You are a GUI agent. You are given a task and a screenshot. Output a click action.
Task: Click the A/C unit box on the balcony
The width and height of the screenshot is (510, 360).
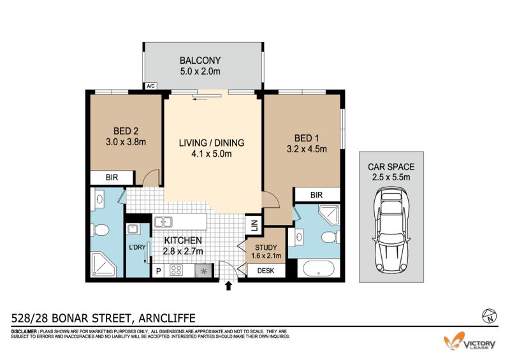[151, 86]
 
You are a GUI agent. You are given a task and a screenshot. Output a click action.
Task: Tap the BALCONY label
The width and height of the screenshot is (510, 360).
[200, 61]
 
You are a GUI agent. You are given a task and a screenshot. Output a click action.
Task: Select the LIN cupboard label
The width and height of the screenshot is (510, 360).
[254, 225]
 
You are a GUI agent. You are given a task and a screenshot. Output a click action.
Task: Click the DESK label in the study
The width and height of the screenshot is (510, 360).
[266, 271]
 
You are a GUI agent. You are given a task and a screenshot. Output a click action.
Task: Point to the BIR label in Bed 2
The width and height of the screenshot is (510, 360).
[112, 178]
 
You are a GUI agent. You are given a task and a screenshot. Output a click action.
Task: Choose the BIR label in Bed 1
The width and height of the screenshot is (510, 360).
[316, 195]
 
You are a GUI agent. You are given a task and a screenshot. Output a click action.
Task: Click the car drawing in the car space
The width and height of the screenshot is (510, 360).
[391, 230]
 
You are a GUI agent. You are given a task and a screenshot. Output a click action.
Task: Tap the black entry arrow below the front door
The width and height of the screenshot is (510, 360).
[228, 286]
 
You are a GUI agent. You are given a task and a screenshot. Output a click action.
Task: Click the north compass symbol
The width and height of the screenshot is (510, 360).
[490, 315]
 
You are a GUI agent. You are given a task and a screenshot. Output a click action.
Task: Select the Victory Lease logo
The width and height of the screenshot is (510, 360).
[470, 342]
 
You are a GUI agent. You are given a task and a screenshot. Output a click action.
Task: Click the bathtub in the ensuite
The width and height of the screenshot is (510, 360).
[318, 269]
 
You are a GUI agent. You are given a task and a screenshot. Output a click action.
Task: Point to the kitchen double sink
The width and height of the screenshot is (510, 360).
[163, 222]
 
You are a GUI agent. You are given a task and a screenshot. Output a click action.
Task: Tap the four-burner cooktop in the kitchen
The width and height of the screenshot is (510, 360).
[176, 270]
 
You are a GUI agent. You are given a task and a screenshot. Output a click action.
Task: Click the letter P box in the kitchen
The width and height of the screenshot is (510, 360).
[158, 271]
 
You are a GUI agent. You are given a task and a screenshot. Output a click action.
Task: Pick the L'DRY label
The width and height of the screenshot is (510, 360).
[137, 247]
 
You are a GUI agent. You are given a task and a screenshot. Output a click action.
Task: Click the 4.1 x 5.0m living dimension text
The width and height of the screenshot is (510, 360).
[212, 154]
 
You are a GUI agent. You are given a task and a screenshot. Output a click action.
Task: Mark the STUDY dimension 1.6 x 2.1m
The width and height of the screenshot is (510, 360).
[266, 256]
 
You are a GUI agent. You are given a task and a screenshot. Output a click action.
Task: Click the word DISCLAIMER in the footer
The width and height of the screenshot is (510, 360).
[24, 331]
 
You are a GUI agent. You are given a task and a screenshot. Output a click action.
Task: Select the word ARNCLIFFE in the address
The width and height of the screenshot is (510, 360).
[167, 318]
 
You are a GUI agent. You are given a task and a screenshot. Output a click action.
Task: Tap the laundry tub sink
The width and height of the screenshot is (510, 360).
[133, 229]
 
